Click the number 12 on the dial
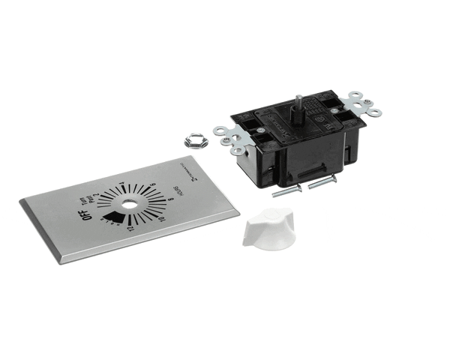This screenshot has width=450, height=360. click(x=130, y=227)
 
